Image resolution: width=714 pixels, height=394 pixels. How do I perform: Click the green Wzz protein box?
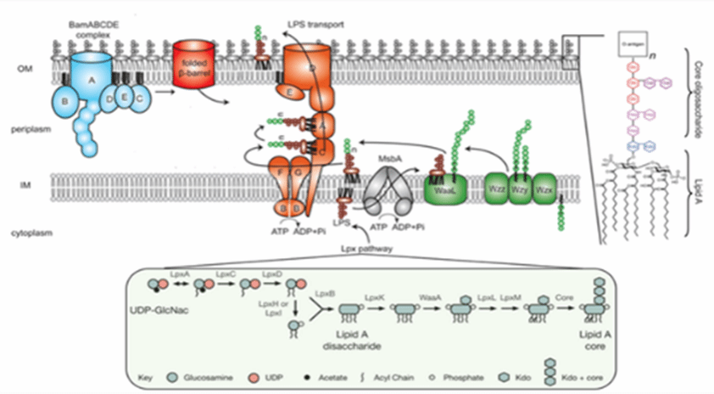click(497, 188)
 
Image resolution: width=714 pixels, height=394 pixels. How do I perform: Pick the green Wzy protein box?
click(521, 188)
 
